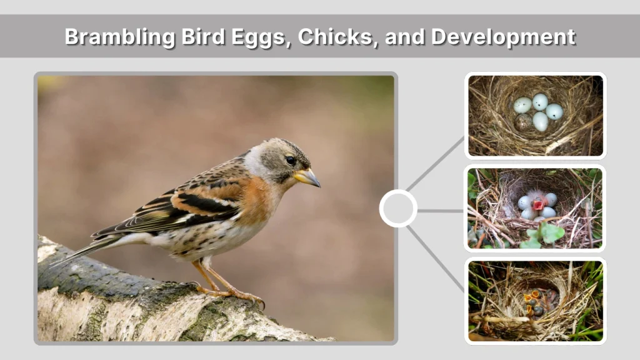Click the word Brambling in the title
(x=111, y=37)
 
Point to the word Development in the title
(x=502, y=37)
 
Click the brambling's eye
(x=291, y=160)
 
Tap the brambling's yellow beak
(x=308, y=178)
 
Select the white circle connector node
(x=398, y=208)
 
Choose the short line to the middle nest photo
(x=440, y=211)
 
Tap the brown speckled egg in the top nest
(x=523, y=121)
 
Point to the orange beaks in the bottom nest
(x=533, y=299)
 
